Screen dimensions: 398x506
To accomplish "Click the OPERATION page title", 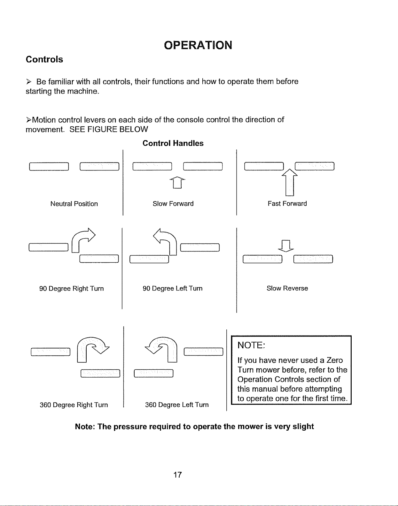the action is pos(198,45).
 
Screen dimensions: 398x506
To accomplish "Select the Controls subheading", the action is pos(44,59).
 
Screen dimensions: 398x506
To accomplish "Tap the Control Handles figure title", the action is pos(173,143).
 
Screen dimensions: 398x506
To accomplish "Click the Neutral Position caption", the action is pos(74,204).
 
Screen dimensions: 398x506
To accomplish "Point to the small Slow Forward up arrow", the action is pos(177,183).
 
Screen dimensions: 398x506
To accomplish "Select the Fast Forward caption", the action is pos(287,204).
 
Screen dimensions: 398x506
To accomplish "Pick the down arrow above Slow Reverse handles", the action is pos(286,246).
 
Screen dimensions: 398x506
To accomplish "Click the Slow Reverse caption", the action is pos(287,288).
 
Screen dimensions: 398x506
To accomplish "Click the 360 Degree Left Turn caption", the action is pos(177,405).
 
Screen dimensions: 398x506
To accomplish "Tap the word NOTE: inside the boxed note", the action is pos(251,345).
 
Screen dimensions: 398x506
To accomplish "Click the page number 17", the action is pos(177,475).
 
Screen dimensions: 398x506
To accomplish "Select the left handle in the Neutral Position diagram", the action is pos(49,167).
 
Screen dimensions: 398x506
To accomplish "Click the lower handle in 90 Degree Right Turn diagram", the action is pos(99,259).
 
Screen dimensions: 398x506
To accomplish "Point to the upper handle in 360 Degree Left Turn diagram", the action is pos(204,351).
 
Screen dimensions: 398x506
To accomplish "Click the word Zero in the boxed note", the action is pos(335,360).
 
